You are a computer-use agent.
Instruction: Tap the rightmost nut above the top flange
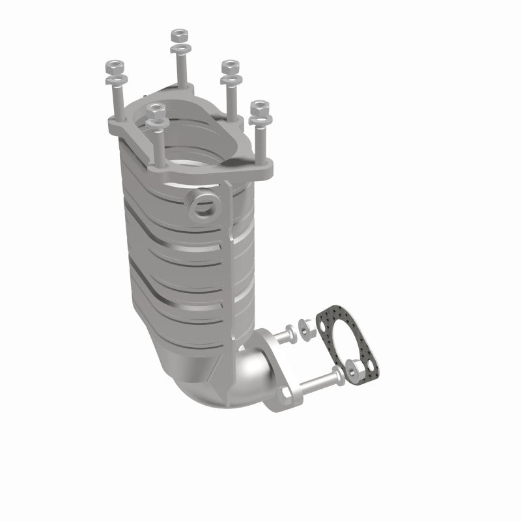pyautogui.click(x=259, y=107)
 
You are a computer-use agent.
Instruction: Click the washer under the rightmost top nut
pyautogui.click(x=259, y=121)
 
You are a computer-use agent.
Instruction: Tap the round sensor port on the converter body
pyautogui.click(x=203, y=206)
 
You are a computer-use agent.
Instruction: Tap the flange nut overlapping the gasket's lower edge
pyautogui.click(x=356, y=371)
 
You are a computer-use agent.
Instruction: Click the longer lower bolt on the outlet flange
pyautogui.click(x=316, y=377)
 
